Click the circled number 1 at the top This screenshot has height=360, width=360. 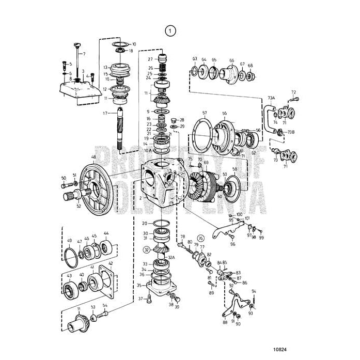click(170, 30)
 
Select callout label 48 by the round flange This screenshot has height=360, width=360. click(93, 157)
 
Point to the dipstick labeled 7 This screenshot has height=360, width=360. click(77, 57)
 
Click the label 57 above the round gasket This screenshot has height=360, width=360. click(205, 113)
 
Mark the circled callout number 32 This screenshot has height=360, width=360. click(147, 249)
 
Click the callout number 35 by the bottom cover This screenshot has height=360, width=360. click(139, 285)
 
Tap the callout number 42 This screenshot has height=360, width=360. click(111, 264)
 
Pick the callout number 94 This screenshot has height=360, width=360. click(254, 291)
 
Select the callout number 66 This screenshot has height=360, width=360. click(231, 60)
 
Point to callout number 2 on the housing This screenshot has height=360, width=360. click(140, 198)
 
